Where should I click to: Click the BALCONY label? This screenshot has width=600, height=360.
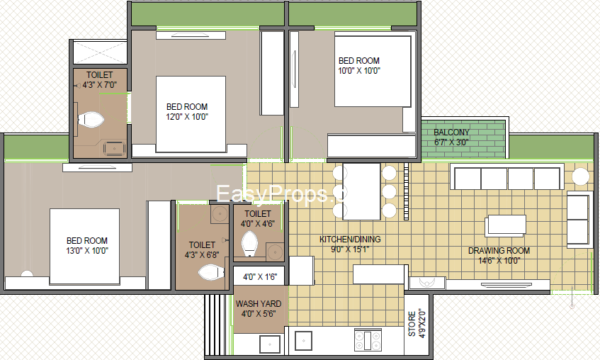[x=451, y=133]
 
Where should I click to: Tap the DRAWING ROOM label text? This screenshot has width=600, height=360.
[x=499, y=251]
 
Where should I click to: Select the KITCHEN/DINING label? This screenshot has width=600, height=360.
[x=350, y=240]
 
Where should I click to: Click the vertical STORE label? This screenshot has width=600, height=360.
[x=412, y=324]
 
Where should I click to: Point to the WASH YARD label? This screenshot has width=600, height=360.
[x=259, y=304]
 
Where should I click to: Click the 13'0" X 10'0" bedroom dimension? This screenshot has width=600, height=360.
[x=87, y=251]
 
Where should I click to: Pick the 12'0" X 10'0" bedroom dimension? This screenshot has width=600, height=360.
[x=187, y=117]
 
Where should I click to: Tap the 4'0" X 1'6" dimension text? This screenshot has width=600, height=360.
[x=260, y=276]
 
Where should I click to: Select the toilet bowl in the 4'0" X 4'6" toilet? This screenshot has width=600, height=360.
[x=250, y=244]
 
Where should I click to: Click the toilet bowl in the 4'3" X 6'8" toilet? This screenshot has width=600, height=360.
[x=211, y=272]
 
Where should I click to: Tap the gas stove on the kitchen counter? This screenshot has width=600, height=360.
[x=368, y=340]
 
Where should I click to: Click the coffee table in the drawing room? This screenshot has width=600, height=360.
[x=506, y=225]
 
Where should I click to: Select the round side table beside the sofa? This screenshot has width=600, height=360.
[x=580, y=176]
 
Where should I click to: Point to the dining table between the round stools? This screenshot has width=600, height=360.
[x=361, y=191]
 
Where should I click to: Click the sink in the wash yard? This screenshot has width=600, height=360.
[x=270, y=344]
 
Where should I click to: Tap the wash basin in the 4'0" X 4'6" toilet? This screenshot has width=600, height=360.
[x=275, y=252]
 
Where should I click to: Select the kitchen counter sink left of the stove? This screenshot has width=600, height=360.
[x=303, y=341]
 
